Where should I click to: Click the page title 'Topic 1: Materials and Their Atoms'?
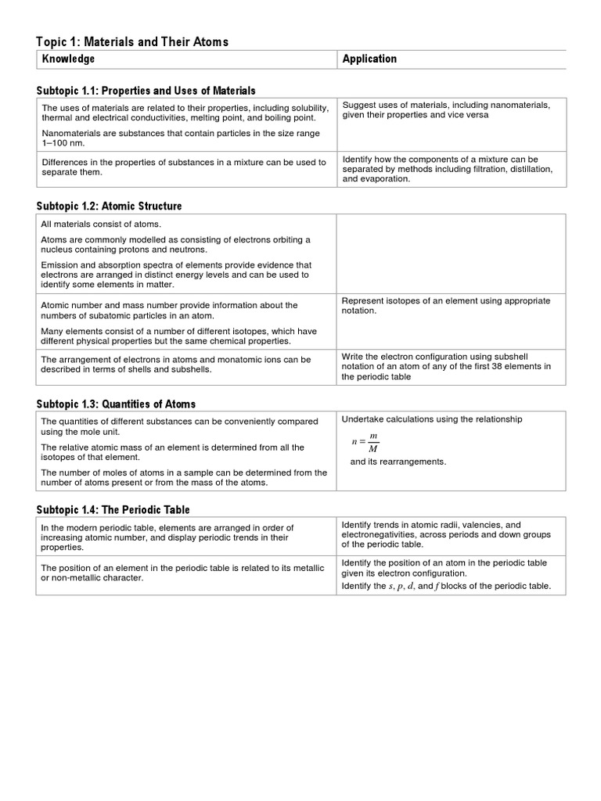(x=132, y=42)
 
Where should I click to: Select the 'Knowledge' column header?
(x=68, y=59)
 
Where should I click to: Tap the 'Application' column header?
(x=369, y=59)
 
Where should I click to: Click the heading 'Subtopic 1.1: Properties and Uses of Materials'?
(x=146, y=92)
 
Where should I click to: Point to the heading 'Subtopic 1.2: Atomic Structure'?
(x=109, y=207)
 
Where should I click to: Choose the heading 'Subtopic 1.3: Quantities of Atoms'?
(x=116, y=404)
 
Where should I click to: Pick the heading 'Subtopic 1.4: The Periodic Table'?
(x=113, y=510)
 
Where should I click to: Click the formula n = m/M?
(x=365, y=443)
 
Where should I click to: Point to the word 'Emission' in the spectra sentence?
(x=59, y=265)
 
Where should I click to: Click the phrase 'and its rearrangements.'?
(x=398, y=462)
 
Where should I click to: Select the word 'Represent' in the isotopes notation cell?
(x=364, y=301)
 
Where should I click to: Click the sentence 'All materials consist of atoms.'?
(x=100, y=224)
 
